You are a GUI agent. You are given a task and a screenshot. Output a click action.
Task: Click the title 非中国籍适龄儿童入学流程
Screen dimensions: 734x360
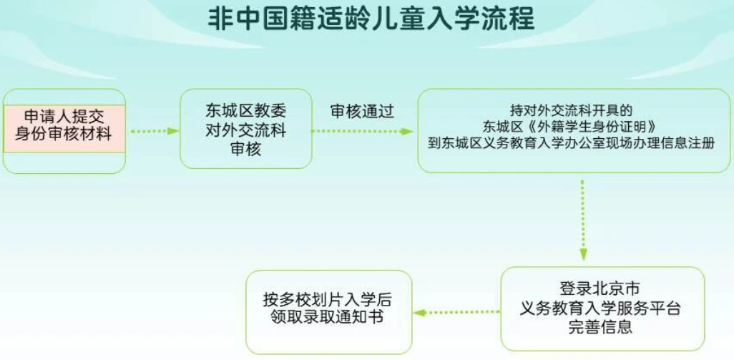point(371,19)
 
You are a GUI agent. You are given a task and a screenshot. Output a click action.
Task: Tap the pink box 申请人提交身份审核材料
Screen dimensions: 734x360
point(64,128)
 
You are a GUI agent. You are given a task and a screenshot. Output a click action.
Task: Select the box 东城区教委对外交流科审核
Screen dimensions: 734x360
point(246,129)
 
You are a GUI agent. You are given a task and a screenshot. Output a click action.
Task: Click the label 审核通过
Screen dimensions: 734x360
point(362,112)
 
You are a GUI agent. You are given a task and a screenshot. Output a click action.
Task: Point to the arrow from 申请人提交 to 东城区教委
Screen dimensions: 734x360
point(155,131)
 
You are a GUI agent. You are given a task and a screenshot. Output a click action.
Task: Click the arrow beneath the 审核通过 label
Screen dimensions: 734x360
point(362,131)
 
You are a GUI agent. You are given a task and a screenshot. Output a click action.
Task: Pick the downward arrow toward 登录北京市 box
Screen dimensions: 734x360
point(583,220)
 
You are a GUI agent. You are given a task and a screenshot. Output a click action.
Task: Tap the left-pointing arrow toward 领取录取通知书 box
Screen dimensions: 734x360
point(456,312)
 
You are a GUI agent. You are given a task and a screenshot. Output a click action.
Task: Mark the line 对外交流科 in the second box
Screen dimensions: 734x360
point(246,130)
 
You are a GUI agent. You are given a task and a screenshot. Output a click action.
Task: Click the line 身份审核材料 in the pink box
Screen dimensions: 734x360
point(64,135)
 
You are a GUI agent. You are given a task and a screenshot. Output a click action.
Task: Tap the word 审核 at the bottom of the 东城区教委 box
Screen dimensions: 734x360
point(246,150)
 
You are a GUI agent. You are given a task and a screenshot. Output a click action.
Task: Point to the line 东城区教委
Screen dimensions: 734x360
point(246,111)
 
